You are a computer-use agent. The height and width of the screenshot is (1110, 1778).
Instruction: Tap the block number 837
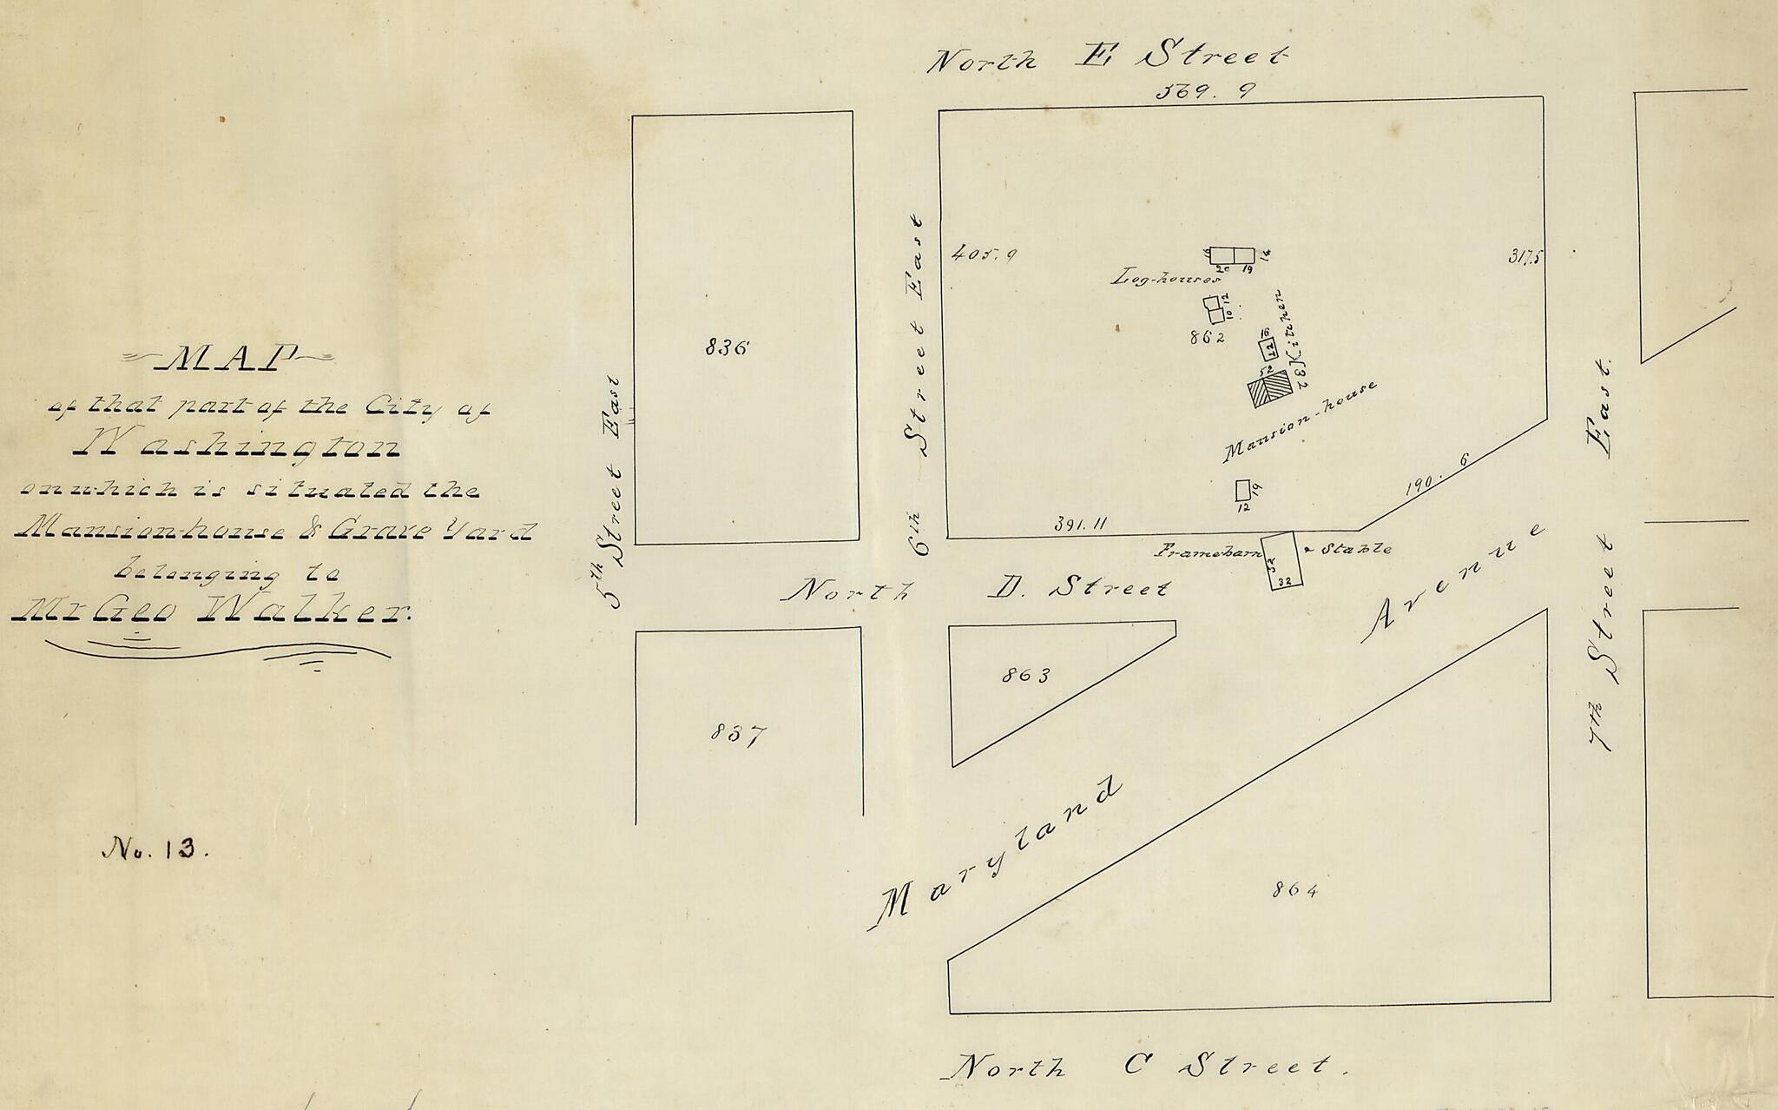(738, 735)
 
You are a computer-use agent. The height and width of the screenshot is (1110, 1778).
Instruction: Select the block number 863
(1024, 675)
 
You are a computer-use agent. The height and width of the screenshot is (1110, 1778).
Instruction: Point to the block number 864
(1295, 889)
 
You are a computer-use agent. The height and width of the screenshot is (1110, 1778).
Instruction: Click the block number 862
(1208, 338)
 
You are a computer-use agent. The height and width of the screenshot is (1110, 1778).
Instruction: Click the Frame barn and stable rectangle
(1281, 561)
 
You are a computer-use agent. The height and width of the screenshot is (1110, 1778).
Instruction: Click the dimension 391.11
(1079, 524)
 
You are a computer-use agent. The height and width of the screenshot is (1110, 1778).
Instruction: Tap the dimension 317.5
(1525, 256)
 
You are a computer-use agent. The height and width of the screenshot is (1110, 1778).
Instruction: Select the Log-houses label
(1166, 280)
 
